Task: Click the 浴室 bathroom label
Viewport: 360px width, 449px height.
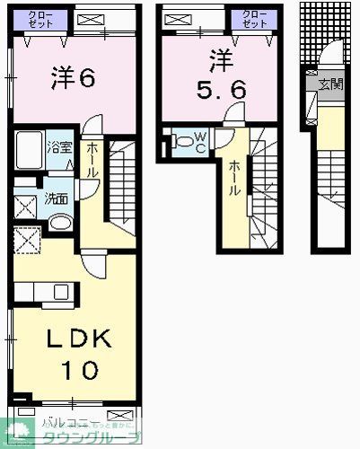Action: tap(59, 147)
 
